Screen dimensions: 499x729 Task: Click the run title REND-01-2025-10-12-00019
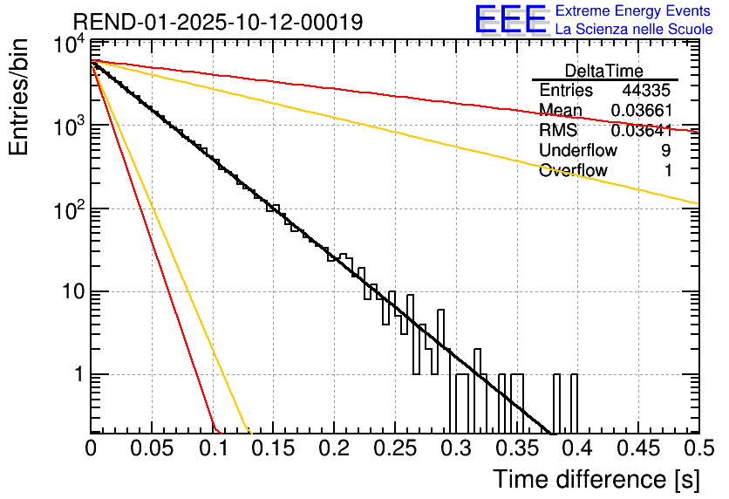click(x=218, y=21)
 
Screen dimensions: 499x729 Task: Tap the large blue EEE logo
click(x=509, y=19)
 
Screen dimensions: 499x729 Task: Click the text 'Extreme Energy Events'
click(x=633, y=11)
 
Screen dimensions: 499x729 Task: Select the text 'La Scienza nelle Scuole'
click(x=633, y=30)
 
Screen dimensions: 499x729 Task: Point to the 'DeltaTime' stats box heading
click(x=604, y=71)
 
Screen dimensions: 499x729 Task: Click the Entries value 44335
click(x=646, y=91)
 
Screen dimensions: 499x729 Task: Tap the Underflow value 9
click(x=665, y=151)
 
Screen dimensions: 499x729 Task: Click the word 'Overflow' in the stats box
click(x=573, y=171)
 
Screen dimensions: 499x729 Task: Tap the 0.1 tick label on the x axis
click(x=212, y=449)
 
